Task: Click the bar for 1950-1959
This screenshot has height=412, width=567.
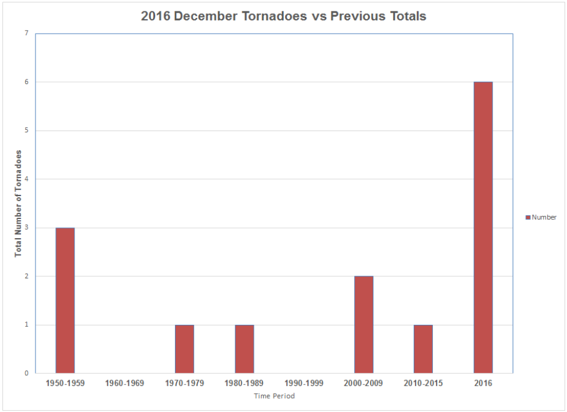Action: pyautogui.click(x=65, y=300)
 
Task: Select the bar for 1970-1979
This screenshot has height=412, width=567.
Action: pyautogui.click(x=185, y=349)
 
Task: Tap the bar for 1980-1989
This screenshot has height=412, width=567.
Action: pyautogui.click(x=244, y=349)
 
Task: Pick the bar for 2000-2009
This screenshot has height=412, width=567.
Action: pyautogui.click(x=364, y=325)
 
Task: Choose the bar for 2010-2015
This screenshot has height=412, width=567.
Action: pyautogui.click(x=423, y=349)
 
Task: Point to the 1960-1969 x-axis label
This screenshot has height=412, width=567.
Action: pyautogui.click(x=124, y=383)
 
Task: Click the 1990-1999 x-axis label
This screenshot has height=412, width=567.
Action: pyautogui.click(x=304, y=383)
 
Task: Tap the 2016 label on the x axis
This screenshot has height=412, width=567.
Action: pyautogui.click(x=483, y=383)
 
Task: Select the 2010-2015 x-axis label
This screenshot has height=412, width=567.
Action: pyautogui.click(x=423, y=383)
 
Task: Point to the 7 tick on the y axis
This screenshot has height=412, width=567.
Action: pyautogui.click(x=26, y=34)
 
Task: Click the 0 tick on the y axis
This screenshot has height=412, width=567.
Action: pyautogui.click(x=26, y=374)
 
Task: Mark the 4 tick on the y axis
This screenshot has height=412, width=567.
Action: pyautogui.click(x=26, y=179)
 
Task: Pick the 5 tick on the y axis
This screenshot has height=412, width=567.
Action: pyautogui.click(x=26, y=131)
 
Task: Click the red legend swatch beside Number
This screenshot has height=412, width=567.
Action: pyautogui.click(x=528, y=218)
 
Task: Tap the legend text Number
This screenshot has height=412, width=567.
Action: pyautogui.click(x=544, y=218)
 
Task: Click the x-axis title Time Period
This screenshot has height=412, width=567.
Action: pyautogui.click(x=274, y=396)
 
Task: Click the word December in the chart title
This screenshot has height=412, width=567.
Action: pyautogui.click(x=205, y=16)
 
